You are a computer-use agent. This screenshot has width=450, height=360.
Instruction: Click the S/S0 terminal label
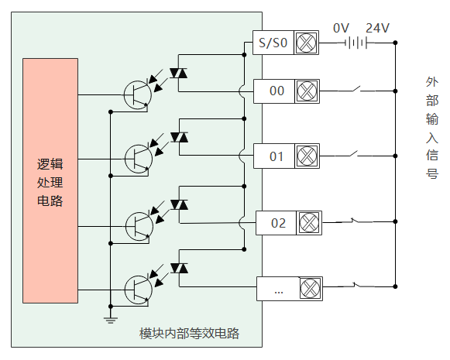coord(273,43)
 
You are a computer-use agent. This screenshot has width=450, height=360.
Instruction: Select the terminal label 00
coord(277,91)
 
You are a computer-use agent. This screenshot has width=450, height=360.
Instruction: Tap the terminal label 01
coord(277,156)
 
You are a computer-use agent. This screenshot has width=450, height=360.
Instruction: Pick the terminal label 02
coord(278,223)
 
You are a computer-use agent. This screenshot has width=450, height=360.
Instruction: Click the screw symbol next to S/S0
coord(306,43)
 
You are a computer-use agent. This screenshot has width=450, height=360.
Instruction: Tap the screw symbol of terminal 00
coord(307,91)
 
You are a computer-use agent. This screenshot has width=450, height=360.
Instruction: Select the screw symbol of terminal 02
coord(309,223)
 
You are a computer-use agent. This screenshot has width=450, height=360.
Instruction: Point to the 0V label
coord(341,28)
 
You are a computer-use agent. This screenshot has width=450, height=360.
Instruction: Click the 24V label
coord(377,28)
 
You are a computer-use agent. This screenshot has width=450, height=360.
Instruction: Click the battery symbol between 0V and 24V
coord(356,43)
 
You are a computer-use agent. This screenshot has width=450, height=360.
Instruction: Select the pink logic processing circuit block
coord(50,180)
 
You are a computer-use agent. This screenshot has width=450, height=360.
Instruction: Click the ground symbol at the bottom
coord(111,320)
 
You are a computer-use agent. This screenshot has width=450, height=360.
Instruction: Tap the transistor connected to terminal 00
coord(137,95)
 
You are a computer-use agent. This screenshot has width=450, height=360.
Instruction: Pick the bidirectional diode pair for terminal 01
coord(179,137)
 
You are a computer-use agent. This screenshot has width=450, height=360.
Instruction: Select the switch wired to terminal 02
coord(355,221)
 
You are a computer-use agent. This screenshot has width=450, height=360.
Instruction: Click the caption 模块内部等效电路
coord(189,334)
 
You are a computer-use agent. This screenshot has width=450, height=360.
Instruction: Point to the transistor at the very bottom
coord(139,290)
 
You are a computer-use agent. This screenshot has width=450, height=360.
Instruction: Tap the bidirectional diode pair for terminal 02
coord(179,205)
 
